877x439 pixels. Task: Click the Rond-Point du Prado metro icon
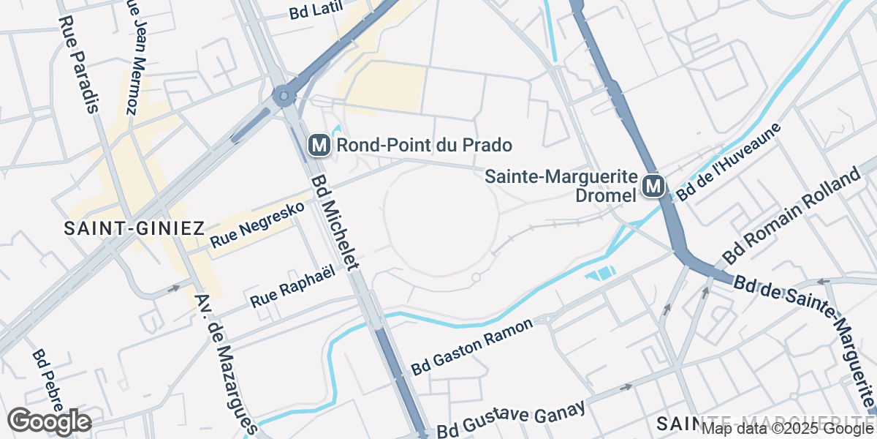click(319, 145)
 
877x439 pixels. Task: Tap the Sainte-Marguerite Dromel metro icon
click(653, 187)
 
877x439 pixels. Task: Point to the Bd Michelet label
click(337, 222)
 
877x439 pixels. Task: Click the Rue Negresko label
click(257, 225)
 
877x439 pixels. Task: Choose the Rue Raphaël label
click(292, 286)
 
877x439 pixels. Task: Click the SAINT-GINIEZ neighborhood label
click(134, 228)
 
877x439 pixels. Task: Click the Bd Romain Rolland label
click(791, 218)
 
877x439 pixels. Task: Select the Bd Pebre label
click(50, 380)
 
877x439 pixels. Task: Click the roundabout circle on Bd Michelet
click(284, 95)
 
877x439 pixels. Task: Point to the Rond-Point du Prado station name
click(424, 145)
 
